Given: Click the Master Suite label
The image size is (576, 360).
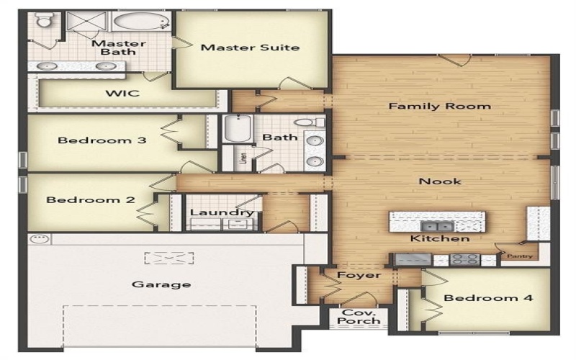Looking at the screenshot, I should (250, 48).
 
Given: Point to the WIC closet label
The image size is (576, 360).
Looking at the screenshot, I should (122, 93).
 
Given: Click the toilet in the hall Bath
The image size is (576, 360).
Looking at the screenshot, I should (312, 122).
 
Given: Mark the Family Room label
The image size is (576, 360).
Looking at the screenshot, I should (439, 106).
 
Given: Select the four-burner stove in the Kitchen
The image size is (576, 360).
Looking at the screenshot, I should (464, 260).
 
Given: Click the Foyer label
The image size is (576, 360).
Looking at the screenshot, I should (359, 275).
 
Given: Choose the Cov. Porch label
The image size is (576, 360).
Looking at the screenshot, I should (359, 317).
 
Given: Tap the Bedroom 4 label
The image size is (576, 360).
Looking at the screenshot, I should (488, 298).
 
